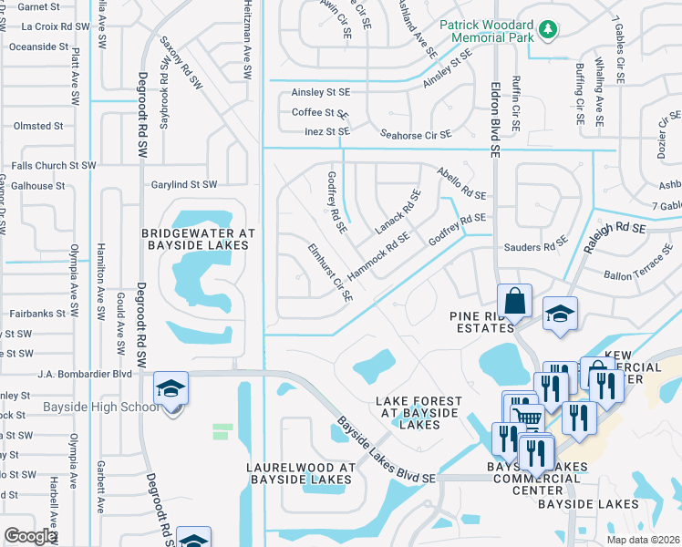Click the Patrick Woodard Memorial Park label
[485, 32]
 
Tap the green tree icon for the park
[547, 31]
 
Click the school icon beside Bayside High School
[170, 389]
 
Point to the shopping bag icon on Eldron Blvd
[514, 301]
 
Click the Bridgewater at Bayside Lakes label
[196, 239]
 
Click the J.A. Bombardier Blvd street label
[85, 374]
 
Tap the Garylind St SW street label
[184, 184]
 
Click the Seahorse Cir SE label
[415, 134]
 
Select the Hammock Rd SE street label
[379, 255]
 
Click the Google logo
[29, 536]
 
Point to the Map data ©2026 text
[643, 540]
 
